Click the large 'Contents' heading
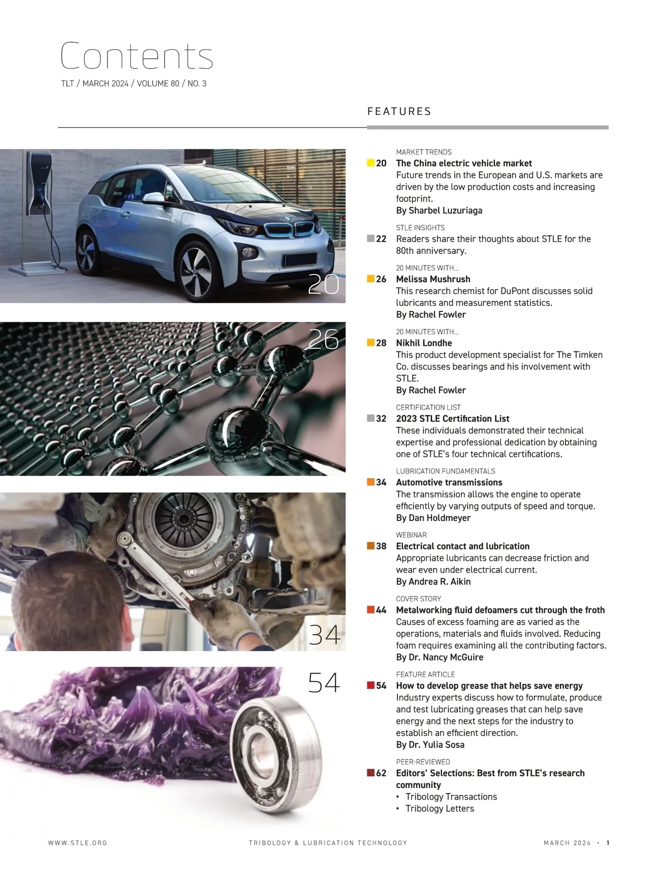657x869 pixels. (136, 56)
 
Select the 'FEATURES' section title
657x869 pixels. (399, 112)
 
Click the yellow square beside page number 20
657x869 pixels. (371, 163)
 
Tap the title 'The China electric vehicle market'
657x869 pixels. (464, 163)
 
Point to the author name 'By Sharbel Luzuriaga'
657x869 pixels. (439, 211)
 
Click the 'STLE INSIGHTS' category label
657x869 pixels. (420, 228)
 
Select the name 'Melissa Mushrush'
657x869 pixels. (433, 279)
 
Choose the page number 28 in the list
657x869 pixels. (381, 343)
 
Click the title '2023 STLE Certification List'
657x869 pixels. (452, 419)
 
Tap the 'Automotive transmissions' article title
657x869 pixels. (449, 483)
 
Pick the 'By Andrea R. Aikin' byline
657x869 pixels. (433, 582)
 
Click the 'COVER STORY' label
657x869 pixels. (418, 599)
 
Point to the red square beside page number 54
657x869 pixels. (371, 685)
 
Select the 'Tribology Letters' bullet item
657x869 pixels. (440, 809)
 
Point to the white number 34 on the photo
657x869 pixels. (324, 635)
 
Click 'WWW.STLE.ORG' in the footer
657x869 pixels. (78, 843)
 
